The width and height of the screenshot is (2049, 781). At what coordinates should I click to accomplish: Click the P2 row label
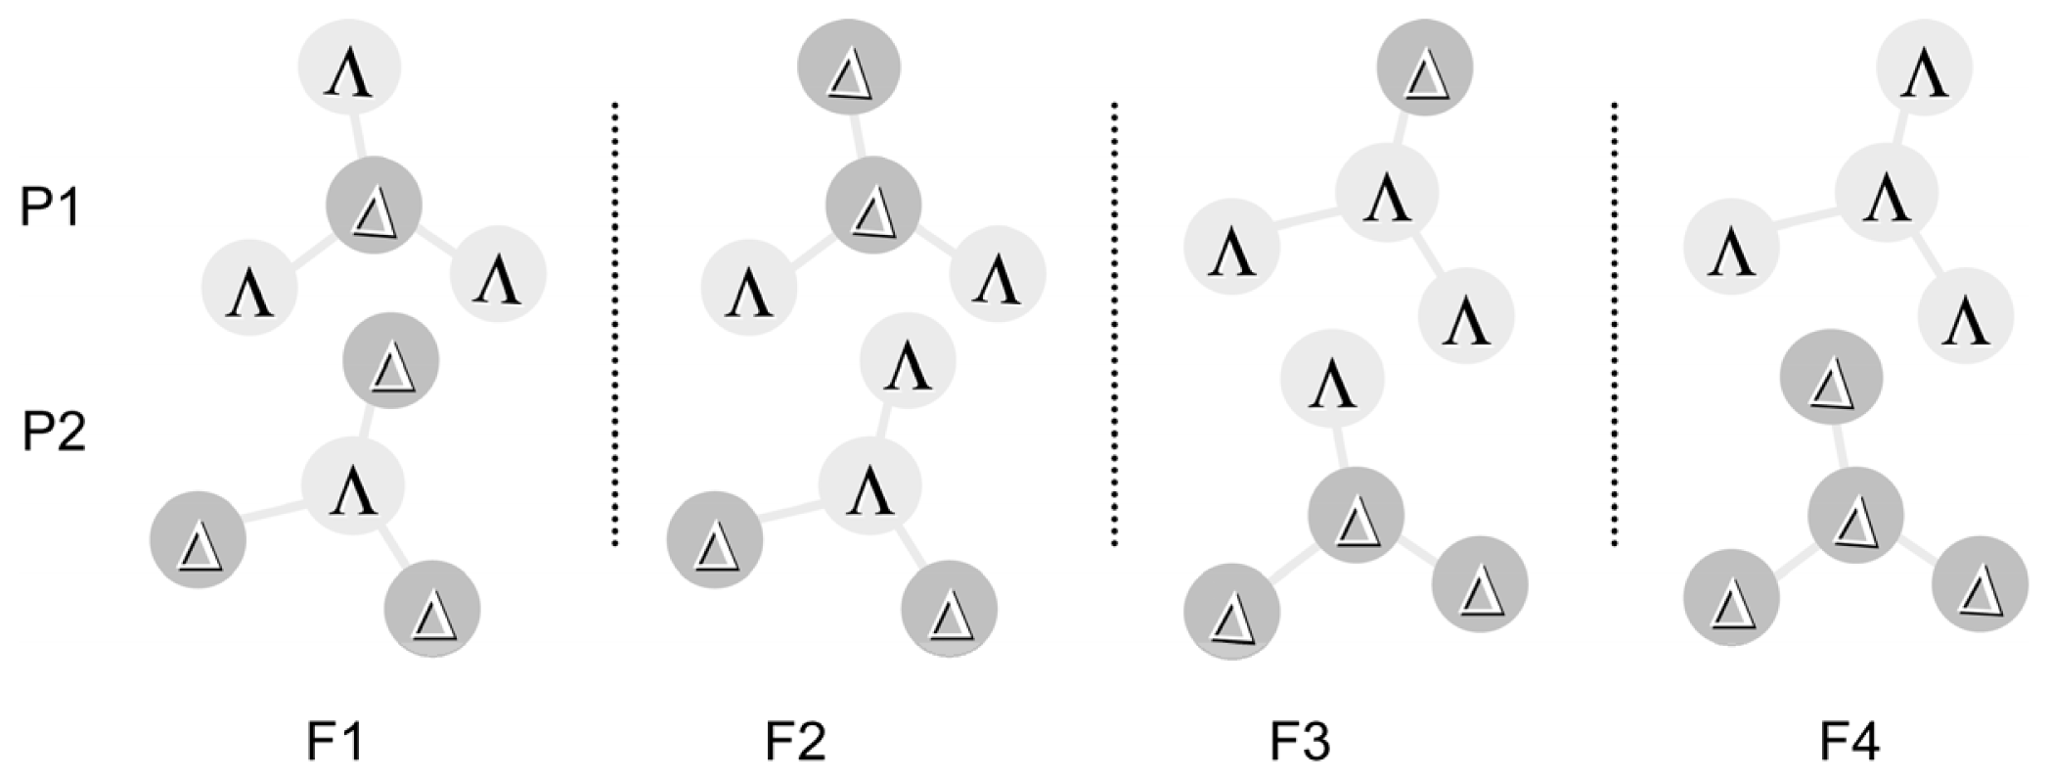coord(54,432)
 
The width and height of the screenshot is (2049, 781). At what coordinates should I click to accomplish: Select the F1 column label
coord(335,742)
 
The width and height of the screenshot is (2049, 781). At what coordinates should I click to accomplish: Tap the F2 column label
coord(795,742)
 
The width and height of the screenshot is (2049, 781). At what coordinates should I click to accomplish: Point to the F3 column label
coord(1300,742)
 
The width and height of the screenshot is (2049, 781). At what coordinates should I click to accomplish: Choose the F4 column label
coord(1849,742)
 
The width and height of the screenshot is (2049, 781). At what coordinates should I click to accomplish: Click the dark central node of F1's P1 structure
coord(374,207)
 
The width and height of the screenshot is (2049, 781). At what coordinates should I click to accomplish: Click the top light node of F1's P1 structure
coord(349,69)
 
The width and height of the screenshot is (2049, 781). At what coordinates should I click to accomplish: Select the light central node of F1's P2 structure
coord(353,485)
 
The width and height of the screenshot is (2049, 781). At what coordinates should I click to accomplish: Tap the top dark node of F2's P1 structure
coord(848,69)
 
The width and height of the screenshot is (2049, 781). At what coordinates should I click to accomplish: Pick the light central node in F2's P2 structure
coord(869,485)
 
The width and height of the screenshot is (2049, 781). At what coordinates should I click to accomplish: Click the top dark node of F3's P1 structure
coord(1425,69)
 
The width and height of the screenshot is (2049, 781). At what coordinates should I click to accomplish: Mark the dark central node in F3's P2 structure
coord(1357,516)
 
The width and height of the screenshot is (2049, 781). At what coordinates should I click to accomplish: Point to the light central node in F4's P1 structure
coord(1887,192)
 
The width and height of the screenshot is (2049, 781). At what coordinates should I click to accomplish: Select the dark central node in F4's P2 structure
coord(1855,516)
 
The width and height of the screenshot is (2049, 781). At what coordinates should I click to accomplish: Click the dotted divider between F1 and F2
coord(615,323)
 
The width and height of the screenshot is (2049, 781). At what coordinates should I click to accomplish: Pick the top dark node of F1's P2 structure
coord(390,361)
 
